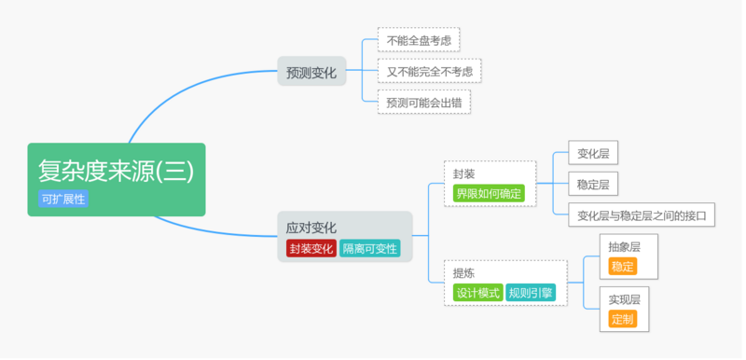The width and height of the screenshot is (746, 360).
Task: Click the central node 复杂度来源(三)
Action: coord(116,170)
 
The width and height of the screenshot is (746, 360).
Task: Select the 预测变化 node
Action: coord(311,72)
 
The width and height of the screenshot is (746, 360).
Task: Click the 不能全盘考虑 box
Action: coord(419,40)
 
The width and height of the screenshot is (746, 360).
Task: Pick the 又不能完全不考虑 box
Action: coord(429,71)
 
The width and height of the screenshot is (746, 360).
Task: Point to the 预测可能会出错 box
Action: coord(423,101)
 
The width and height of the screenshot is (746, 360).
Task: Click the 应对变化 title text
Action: coord(311,227)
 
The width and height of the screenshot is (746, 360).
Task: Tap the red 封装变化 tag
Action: coord(311,248)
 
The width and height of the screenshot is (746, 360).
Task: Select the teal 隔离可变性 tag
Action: coord(369,248)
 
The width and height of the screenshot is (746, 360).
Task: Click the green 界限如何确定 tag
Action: coord(489,193)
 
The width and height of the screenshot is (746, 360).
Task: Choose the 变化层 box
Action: coord(593,154)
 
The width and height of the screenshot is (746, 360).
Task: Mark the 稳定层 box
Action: coord(593,185)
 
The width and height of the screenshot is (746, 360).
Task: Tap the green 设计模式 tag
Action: coord(478,293)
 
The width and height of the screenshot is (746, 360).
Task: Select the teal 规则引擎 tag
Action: coord(531,293)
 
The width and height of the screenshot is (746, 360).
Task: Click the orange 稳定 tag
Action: coord(622,267)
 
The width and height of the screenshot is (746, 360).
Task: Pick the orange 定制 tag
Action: coord(622,319)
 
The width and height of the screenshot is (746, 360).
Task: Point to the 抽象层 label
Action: coord(624,247)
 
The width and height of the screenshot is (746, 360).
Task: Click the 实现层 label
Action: coord(624,299)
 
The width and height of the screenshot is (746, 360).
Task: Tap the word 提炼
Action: coord(464,273)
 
